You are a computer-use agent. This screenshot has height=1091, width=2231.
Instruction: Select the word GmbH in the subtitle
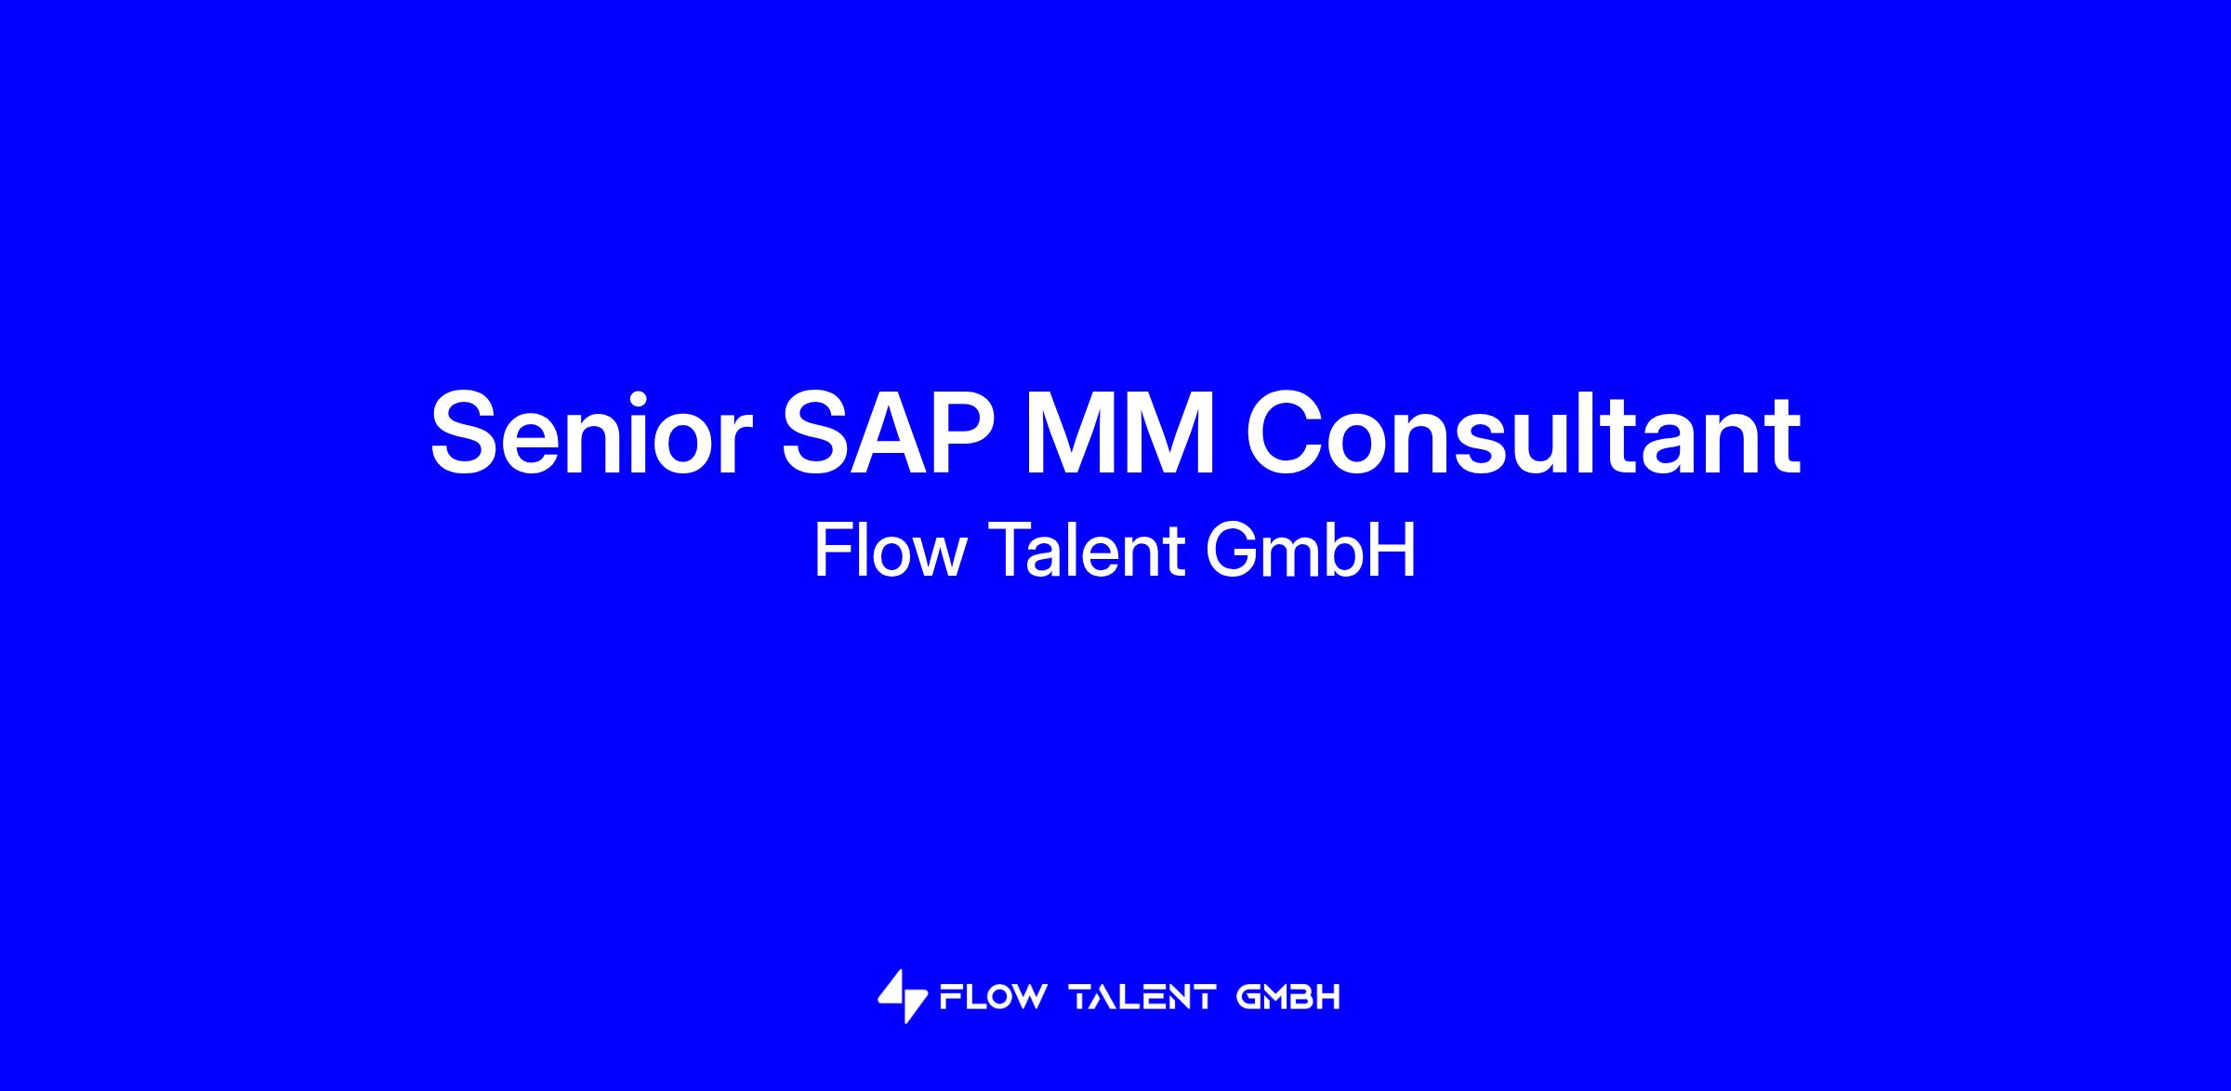click(1311, 551)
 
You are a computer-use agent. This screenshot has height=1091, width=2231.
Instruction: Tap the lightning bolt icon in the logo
click(903, 997)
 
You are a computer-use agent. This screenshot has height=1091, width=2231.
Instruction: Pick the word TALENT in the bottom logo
click(1142, 998)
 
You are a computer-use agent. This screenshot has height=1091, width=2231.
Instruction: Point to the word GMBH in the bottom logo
click(1288, 998)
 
